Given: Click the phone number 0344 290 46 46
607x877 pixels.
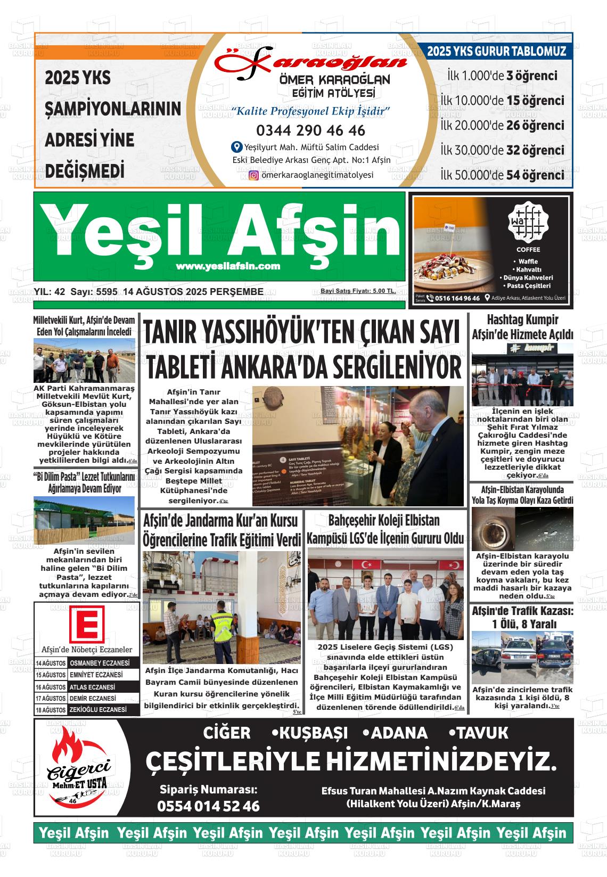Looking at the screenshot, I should [310, 130].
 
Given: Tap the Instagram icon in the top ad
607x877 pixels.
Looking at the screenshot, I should [254, 175].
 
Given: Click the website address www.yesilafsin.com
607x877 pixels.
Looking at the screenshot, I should [228, 266].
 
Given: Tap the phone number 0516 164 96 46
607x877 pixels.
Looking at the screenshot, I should [457, 298].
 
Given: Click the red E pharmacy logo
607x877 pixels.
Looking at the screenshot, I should [87, 626].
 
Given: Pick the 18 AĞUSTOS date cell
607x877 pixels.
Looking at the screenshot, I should [51, 710].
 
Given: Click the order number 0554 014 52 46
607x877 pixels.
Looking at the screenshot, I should [208, 806].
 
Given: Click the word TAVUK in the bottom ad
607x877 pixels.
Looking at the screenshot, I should [479, 733].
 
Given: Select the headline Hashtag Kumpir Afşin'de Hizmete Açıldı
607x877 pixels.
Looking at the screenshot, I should [522, 327].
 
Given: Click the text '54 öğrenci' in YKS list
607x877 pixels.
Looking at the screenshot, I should [535, 175].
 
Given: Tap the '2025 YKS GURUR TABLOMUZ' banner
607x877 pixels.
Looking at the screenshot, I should [496, 52].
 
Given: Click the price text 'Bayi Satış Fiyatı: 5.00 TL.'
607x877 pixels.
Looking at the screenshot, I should [358, 291].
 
